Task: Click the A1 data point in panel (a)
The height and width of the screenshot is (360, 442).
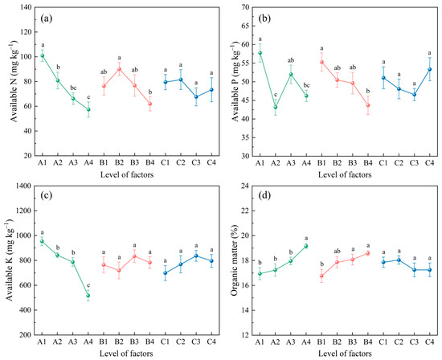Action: click(x=43, y=55)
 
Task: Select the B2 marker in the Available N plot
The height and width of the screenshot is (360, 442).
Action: click(x=119, y=69)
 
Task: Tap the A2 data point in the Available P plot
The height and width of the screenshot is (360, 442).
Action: click(x=276, y=107)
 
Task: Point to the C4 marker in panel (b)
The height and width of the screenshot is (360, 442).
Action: click(x=430, y=69)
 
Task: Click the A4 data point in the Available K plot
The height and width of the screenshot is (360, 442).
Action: click(x=88, y=295)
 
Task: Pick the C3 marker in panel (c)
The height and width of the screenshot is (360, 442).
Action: click(x=196, y=256)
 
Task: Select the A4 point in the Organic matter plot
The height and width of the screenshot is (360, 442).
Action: click(x=306, y=246)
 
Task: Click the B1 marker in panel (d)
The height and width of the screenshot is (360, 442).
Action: click(x=321, y=276)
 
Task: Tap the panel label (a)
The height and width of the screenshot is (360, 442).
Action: click(x=47, y=19)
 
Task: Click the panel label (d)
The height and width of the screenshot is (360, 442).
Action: click(x=264, y=195)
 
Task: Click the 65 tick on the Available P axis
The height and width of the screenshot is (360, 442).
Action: click(x=247, y=26)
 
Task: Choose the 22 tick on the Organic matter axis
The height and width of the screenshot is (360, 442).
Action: click(x=247, y=211)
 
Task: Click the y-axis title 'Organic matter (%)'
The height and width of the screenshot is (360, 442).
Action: click(x=235, y=260)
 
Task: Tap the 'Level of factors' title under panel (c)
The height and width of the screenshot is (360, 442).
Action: click(x=126, y=354)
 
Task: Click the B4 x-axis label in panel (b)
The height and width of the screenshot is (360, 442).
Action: click(x=368, y=162)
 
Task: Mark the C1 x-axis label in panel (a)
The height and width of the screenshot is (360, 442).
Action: click(x=166, y=162)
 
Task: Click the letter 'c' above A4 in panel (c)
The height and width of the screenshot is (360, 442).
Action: click(x=88, y=284)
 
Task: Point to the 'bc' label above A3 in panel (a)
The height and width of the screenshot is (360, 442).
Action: click(x=73, y=88)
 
